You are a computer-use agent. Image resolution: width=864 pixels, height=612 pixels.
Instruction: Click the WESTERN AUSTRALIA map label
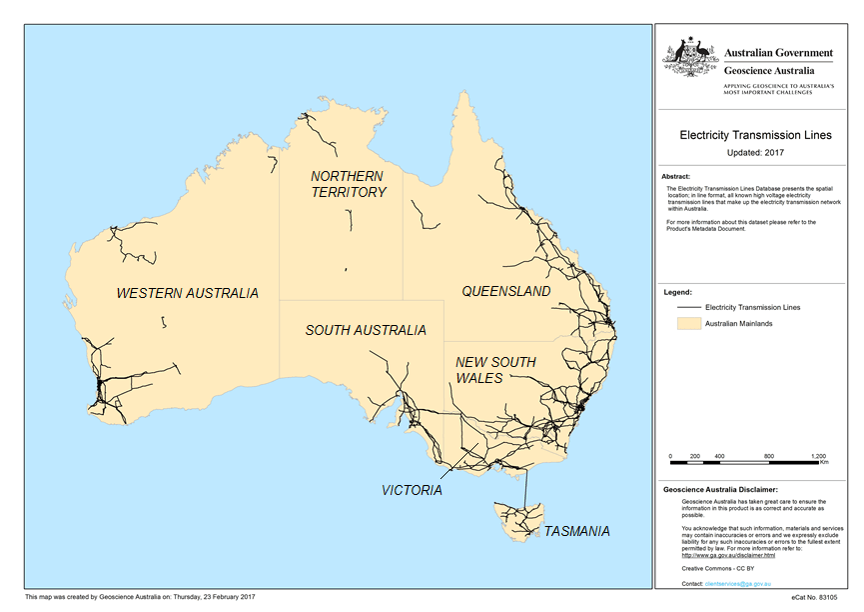point(187,293)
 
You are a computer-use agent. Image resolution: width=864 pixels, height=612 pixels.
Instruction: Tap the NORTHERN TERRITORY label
point(349,184)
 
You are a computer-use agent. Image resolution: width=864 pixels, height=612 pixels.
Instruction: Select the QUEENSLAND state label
point(505,291)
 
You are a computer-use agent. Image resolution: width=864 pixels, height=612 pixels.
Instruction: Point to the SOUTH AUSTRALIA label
point(366,330)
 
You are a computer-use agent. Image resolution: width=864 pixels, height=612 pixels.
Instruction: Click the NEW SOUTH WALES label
point(495,370)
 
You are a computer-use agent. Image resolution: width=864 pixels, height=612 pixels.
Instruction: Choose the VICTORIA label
point(412,490)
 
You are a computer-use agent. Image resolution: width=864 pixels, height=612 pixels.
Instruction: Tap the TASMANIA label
point(575,531)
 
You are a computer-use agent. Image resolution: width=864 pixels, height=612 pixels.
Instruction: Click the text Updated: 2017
point(752,152)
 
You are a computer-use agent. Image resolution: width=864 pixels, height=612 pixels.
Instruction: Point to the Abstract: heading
point(677,176)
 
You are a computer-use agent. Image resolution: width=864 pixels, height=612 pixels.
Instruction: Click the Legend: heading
point(678,293)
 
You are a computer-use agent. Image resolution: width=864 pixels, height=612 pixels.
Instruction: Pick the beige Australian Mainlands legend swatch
point(687,324)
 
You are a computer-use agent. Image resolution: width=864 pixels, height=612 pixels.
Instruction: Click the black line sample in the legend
point(687,307)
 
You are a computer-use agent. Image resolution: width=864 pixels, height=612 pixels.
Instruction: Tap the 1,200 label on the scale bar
point(818,455)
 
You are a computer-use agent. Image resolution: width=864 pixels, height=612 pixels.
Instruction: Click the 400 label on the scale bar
point(718,455)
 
